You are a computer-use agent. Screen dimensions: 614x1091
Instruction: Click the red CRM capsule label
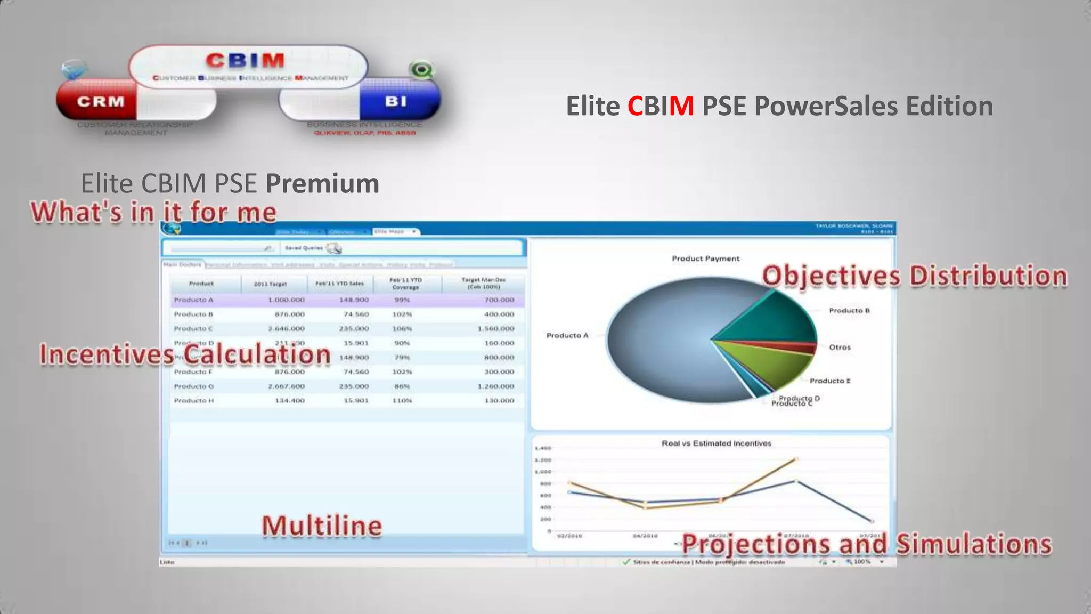100,101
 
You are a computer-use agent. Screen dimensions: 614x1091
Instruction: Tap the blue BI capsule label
396,101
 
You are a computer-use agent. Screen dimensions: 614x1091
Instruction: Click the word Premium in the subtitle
322,183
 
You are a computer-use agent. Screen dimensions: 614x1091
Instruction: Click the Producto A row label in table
193,300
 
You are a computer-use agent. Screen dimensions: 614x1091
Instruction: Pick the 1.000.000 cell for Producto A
286,300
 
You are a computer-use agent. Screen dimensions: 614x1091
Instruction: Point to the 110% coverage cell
402,400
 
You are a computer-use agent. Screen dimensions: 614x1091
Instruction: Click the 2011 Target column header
270,284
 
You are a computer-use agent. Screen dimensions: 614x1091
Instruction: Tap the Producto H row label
193,400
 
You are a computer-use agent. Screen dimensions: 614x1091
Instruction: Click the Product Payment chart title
705,258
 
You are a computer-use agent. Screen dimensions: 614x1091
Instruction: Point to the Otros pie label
840,347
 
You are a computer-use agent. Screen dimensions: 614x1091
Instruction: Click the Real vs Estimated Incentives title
716,443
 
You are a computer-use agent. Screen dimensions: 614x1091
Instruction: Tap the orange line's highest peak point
796,458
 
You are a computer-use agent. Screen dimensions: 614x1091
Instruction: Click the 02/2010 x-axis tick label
569,536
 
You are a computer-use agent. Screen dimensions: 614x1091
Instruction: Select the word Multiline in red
322,526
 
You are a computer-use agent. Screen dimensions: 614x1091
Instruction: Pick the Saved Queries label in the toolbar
304,248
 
